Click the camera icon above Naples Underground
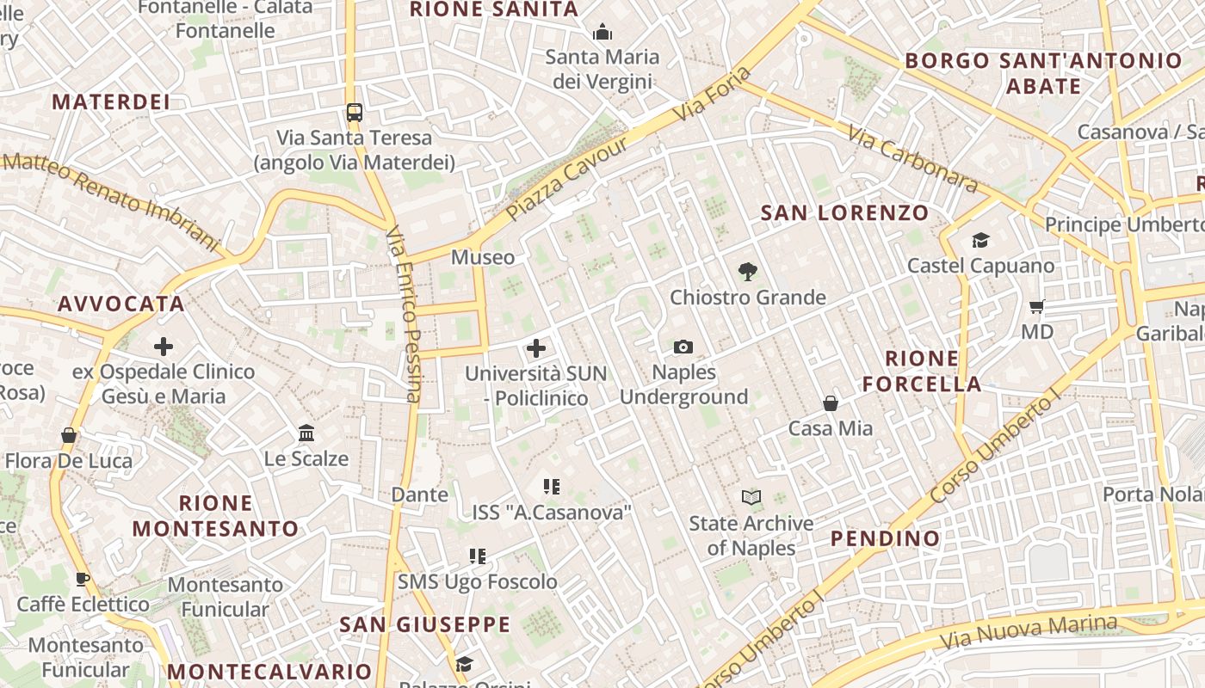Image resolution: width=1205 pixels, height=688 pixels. (x=683, y=347)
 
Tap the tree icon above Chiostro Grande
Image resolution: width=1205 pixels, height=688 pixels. (x=747, y=272)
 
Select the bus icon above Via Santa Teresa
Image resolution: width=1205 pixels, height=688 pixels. (x=354, y=112)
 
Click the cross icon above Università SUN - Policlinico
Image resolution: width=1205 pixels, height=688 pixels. (x=536, y=348)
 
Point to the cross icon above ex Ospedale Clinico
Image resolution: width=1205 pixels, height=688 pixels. (x=164, y=347)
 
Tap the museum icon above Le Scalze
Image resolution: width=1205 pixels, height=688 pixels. (x=306, y=433)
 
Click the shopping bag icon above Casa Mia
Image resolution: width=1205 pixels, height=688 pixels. (x=831, y=402)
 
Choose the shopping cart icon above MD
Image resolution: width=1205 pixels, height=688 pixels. (x=1037, y=306)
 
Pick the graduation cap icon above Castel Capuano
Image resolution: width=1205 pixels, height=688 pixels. (x=980, y=240)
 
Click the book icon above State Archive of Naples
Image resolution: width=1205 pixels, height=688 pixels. (x=751, y=497)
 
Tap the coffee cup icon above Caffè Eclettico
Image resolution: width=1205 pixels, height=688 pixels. (x=83, y=579)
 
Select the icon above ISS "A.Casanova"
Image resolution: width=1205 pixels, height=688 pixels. (x=552, y=487)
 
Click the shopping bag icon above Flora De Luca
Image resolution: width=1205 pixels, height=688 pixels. (x=69, y=435)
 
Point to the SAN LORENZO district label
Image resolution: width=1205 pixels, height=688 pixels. (x=844, y=212)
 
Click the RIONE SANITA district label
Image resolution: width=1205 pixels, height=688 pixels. (x=493, y=9)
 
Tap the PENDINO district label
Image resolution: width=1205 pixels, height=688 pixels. (x=885, y=538)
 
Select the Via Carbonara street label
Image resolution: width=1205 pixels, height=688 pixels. (x=912, y=159)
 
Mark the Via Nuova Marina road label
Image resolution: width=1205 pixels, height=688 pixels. (x=1028, y=632)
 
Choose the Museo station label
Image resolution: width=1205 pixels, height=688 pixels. (x=483, y=257)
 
